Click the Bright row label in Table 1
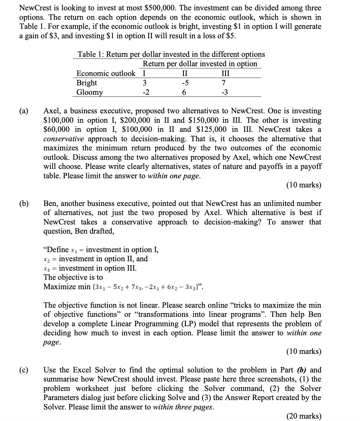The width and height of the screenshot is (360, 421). point(87,83)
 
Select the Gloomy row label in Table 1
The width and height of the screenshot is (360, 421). point(90,92)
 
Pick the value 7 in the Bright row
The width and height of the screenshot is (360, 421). point(224,83)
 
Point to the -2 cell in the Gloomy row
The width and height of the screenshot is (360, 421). point(146,92)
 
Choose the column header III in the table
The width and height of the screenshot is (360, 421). point(225,74)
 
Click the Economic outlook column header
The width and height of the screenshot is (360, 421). point(106,74)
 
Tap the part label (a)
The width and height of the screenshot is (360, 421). point(24,111)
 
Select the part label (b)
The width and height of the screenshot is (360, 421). point(24,204)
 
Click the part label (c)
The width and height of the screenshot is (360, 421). point(24,370)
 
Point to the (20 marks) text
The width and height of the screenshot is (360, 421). point(304,416)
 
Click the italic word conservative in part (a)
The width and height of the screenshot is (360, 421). point(63,139)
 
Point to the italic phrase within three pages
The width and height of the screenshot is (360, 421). point(183,407)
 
